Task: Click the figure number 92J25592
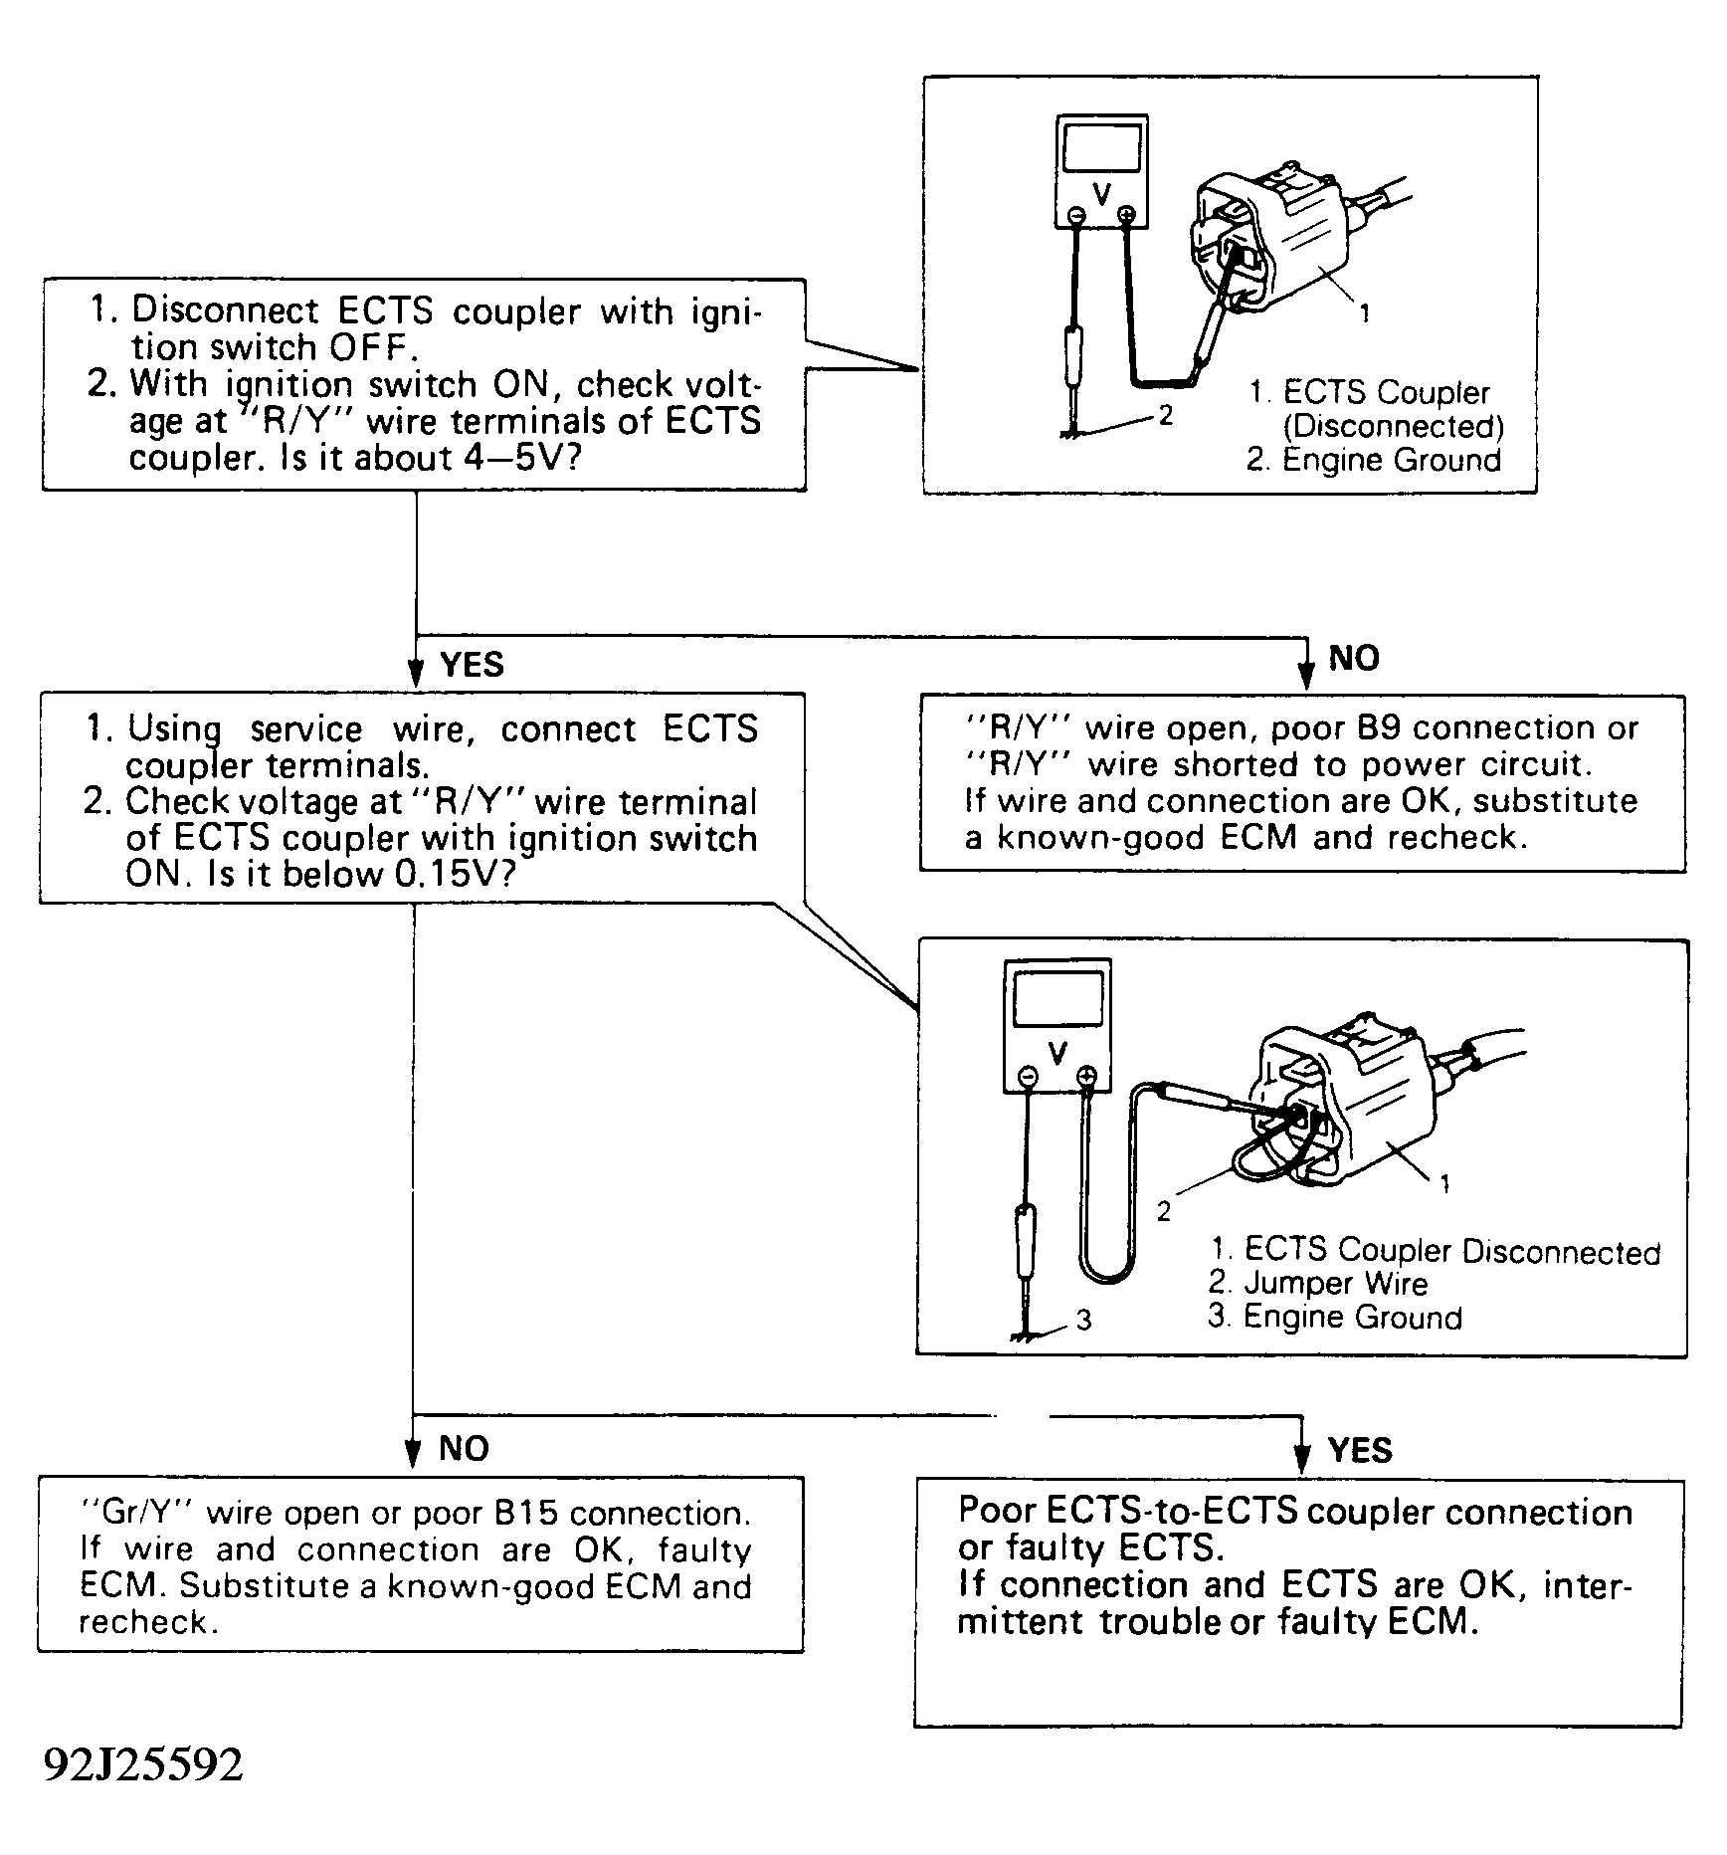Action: [143, 1765]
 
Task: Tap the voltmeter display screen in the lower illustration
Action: [1057, 998]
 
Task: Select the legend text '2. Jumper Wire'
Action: [1319, 1284]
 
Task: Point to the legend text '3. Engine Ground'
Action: [1335, 1318]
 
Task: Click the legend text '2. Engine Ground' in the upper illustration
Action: [1374, 460]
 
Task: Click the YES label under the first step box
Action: [472, 664]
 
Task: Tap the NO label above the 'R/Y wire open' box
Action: [1353, 658]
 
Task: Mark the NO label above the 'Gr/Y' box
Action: [464, 1448]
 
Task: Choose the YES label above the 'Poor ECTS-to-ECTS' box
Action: [1360, 1450]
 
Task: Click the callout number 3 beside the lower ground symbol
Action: [1084, 1321]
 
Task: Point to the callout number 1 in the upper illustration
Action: [1365, 313]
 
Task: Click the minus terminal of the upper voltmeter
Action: [1075, 215]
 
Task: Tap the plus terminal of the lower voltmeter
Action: [1087, 1075]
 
